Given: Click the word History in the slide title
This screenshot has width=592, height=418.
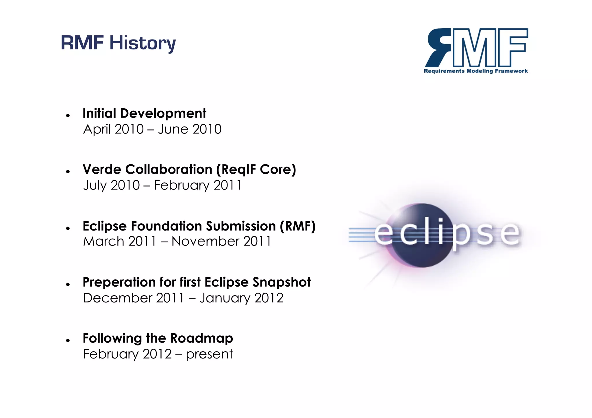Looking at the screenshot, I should point(143,43).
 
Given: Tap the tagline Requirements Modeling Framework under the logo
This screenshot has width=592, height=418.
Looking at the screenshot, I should point(476,71).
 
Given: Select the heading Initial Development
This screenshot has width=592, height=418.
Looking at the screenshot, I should point(144,113).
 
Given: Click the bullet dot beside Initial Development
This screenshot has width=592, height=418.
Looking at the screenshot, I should point(68,116).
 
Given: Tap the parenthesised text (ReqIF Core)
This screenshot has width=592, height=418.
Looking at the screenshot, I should point(256,170).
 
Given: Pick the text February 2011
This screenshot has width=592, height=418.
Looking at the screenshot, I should point(197,185).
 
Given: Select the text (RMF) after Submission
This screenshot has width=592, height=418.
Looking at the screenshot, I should point(297,226).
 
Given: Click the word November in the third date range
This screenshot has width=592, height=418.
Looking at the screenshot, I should point(206,241).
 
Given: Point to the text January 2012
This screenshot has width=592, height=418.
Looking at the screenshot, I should point(241,298).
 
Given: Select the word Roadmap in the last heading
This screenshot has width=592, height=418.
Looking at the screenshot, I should point(201,338).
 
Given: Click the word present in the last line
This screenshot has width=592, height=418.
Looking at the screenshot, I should point(209,354).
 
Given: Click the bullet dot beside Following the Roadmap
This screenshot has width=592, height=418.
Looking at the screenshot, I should point(68,341).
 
